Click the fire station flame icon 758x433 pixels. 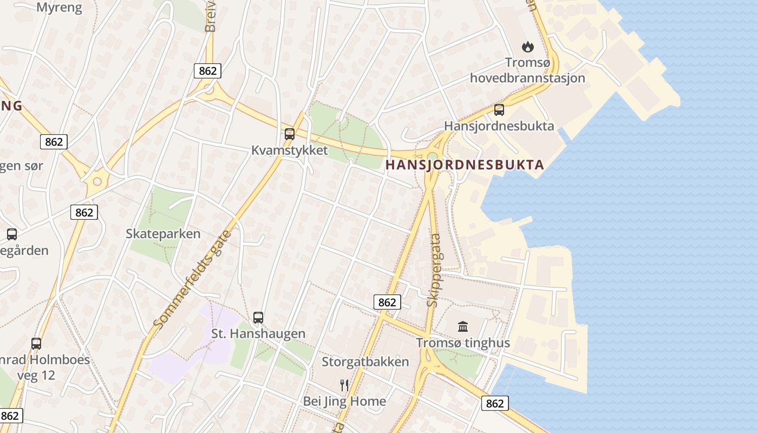[x=527, y=47]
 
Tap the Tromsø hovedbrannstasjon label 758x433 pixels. [x=527, y=70]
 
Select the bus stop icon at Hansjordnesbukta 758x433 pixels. [x=499, y=110]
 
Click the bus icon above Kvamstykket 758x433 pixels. [x=290, y=134]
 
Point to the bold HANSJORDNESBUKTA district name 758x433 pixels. [x=465, y=165]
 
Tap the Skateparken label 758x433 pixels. [x=163, y=234]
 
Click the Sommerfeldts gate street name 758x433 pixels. [x=192, y=279]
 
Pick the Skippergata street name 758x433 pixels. [x=434, y=271]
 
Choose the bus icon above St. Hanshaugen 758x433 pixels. [x=258, y=318]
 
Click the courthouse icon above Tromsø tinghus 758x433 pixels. [x=463, y=326]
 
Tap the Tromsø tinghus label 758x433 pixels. [x=463, y=343]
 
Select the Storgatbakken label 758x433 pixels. [x=365, y=362]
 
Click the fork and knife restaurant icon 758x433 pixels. [x=344, y=385]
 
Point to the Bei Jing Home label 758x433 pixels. [x=344, y=401]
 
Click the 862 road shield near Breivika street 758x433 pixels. [x=207, y=70]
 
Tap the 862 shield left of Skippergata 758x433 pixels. [x=387, y=302]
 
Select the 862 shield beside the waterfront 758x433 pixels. [x=495, y=403]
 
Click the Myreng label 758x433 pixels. [x=60, y=7]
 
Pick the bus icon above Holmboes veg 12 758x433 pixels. [x=36, y=343]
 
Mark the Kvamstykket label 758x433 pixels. [x=290, y=150]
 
